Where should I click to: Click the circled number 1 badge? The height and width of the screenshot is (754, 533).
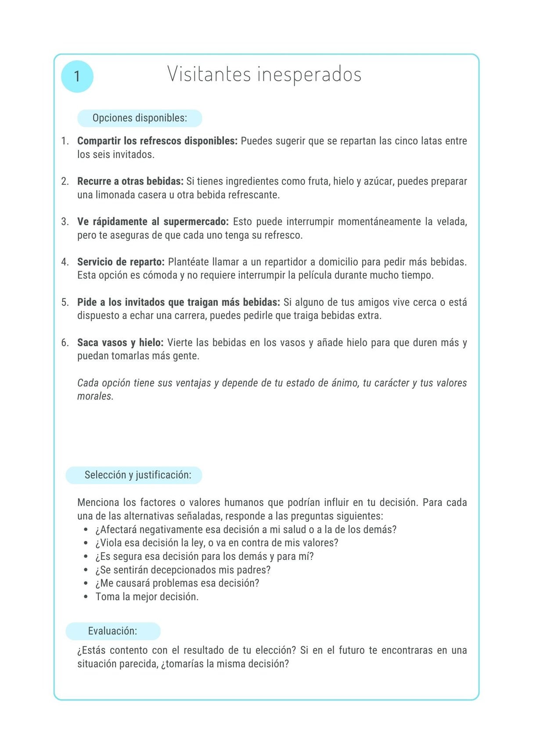click(77, 76)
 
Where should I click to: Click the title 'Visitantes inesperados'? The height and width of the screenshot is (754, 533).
click(264, 74)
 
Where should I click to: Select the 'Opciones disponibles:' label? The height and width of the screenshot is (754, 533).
click(140, 118)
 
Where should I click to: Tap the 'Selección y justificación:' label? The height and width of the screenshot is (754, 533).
click(138, 475)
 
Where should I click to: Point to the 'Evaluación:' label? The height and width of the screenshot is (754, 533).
click(112, 631)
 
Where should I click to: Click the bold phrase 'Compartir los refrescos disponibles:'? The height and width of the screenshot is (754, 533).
click(157, 141)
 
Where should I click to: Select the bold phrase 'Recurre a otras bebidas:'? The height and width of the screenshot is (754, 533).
click(130, 181)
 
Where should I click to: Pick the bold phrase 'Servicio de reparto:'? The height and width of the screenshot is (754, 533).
click(121, 262)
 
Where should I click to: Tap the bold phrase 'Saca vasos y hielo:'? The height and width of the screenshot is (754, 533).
click(120, 343)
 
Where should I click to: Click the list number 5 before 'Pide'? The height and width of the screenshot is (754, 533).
click(65, 303)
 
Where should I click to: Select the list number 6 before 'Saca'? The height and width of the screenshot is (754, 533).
click(65, 343)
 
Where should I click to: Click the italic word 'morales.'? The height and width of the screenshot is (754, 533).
click(95, 396)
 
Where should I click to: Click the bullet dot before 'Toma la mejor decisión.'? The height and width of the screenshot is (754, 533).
click(86, 597)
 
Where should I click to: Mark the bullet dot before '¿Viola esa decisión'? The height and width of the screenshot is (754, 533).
click(86, 543)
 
